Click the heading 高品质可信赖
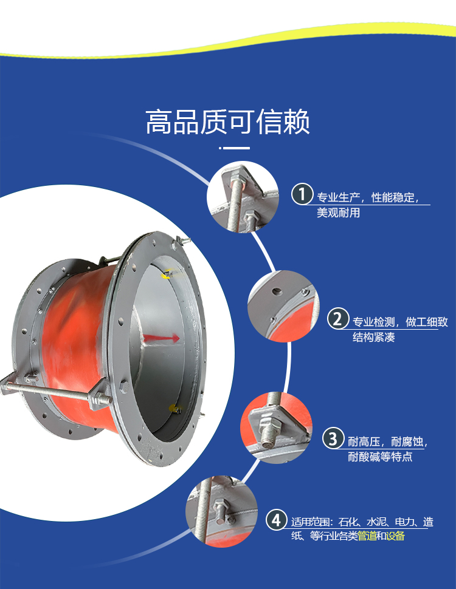227,121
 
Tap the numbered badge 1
302,194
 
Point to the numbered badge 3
333,438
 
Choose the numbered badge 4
277,520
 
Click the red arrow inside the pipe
161,338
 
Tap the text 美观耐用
338,213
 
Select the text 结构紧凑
373,338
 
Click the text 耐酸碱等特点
380,457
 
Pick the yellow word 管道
367,536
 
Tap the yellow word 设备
395,536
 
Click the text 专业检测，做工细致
400,322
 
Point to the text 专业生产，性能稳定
368,197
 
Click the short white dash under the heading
235,148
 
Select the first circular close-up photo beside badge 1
243,197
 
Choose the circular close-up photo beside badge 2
284,306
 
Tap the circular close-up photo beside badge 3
277,427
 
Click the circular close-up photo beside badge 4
222,511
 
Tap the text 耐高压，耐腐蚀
387,441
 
